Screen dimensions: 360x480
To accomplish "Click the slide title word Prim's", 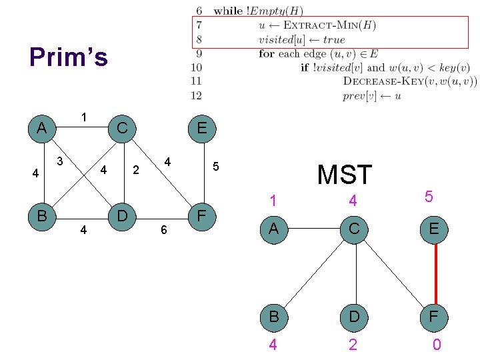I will [x=68, y=57].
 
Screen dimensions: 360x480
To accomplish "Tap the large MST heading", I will [x=344, y=175].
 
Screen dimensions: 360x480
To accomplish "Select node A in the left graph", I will [x=42, y=128].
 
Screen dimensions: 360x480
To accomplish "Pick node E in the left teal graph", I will [x=202, y=128].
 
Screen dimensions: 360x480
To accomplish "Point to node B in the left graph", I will [x=42, y=215].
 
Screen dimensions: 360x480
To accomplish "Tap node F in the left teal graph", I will [x=202, y=215].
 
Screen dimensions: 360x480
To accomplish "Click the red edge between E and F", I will [x=435, y=273].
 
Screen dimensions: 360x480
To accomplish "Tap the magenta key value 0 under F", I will [x=436, y=345].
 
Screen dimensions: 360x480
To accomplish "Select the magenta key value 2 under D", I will [x=353, y=345].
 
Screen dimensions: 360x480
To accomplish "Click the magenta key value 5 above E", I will [x=429, y=197].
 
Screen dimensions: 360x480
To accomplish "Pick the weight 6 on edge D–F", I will [x=163, y=230].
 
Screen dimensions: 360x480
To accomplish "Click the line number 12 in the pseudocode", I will [x=196, y=95].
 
